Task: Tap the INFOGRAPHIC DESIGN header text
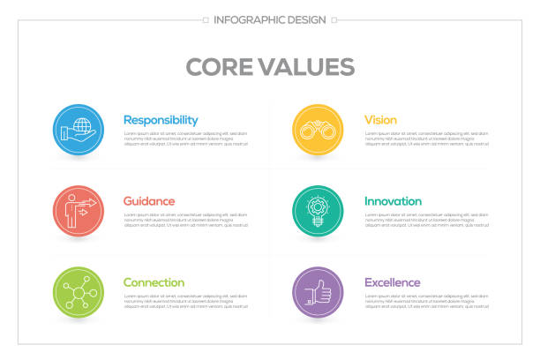click(269, 19)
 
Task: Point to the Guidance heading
click(149, 201)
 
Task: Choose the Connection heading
click(154, 282)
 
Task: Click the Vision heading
click(380, 120)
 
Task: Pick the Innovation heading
click(393, 201)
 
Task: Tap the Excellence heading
click(392, 282)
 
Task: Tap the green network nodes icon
click(78, 292)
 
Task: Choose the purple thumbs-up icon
click(318, 292)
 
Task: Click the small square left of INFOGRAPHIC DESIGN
click(206, 19)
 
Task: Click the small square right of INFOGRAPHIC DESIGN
click(334, 19)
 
